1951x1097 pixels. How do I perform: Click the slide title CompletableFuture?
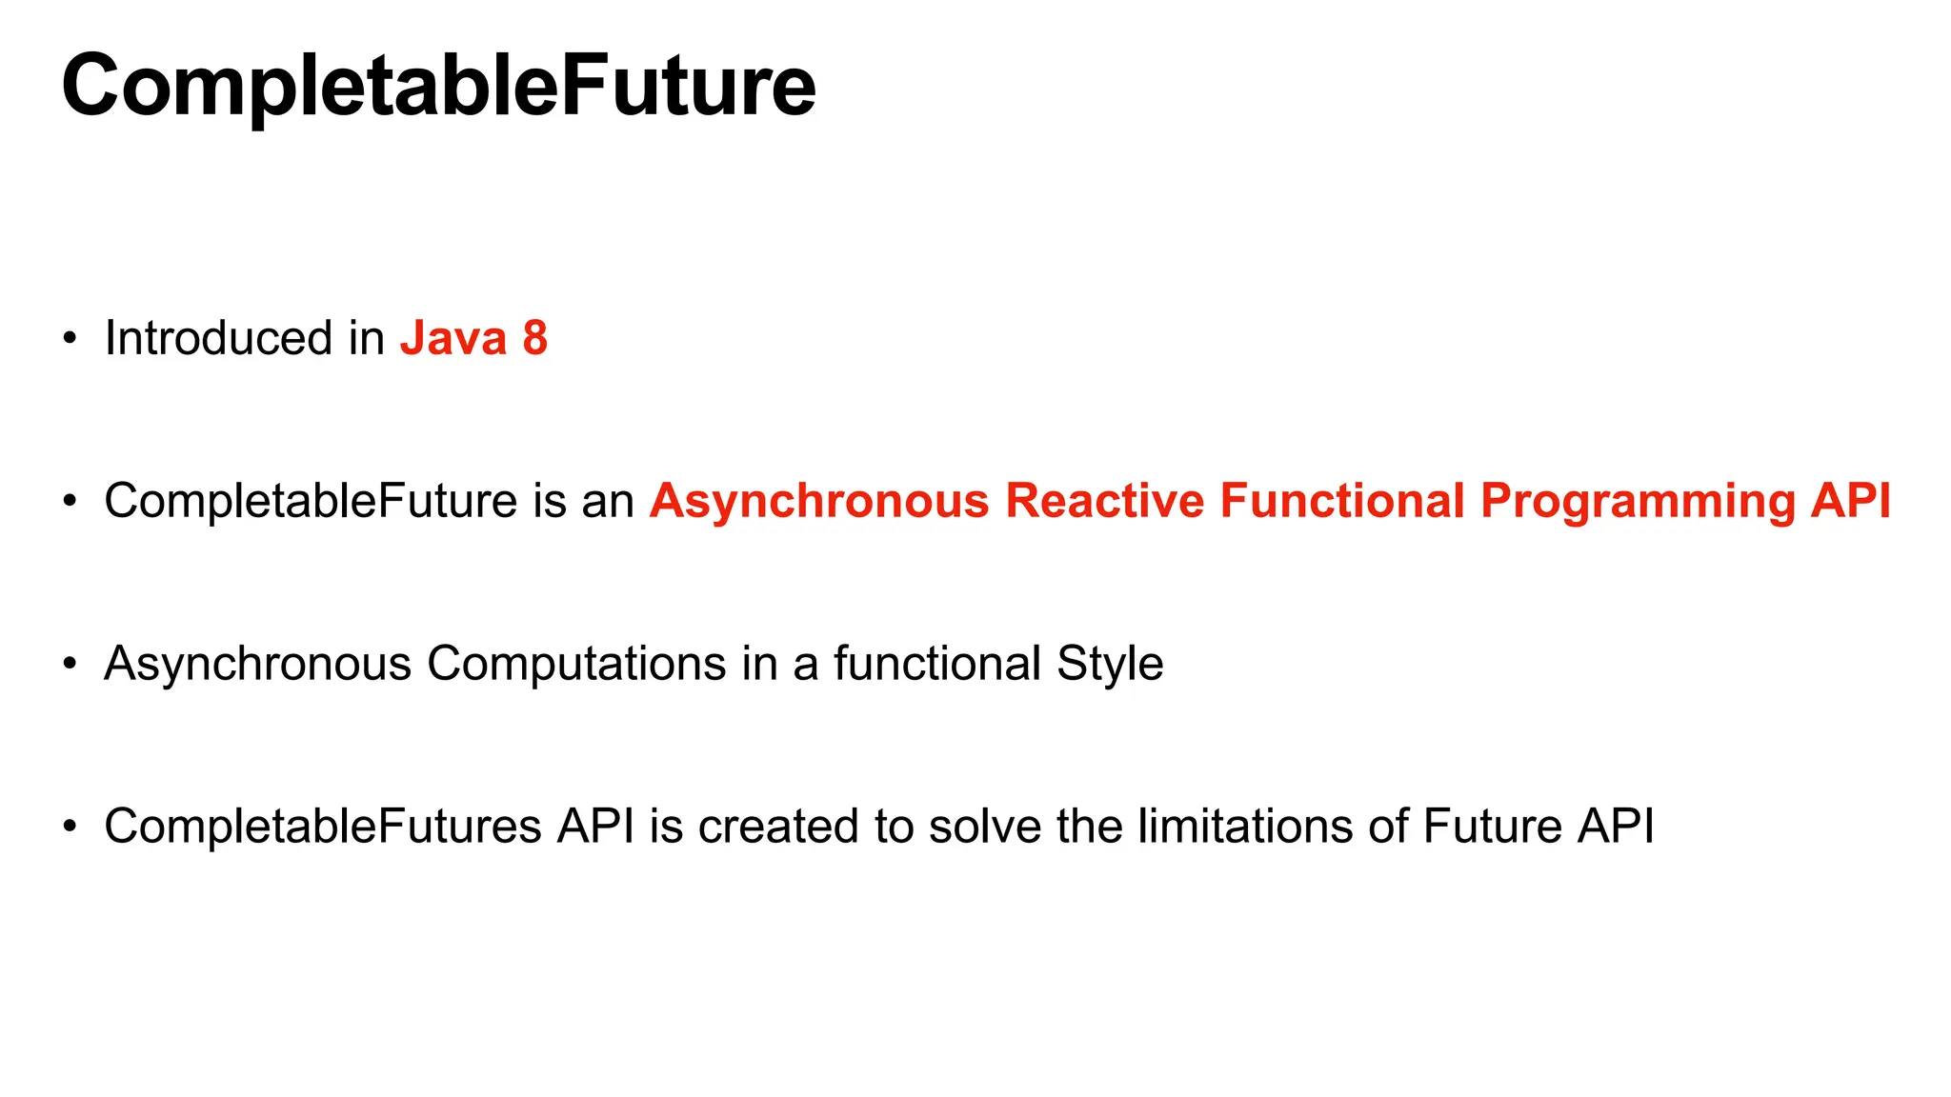tap(438, 86)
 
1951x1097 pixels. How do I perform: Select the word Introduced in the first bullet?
tap(218, 338)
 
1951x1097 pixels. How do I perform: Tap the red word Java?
tap(453, 338)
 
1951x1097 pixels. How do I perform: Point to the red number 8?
tap(535, 338)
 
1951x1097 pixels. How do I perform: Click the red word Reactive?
tap(1104, 501)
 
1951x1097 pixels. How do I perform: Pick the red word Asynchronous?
tap(819, 503)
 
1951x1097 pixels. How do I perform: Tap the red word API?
tap(1852, 501)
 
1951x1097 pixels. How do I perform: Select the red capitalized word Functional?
tap(1342, 501)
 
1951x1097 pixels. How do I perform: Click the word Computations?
tap(576, 664)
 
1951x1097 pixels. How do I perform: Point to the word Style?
tap(1110, 664)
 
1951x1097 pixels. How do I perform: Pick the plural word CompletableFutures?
tap(323, 826)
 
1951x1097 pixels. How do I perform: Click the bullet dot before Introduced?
tap(69, 339)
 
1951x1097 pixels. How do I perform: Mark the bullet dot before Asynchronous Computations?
tap(69, 665)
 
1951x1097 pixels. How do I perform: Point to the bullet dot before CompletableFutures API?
tap(69, 827)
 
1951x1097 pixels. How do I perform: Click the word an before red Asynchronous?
tap(608, 503)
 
